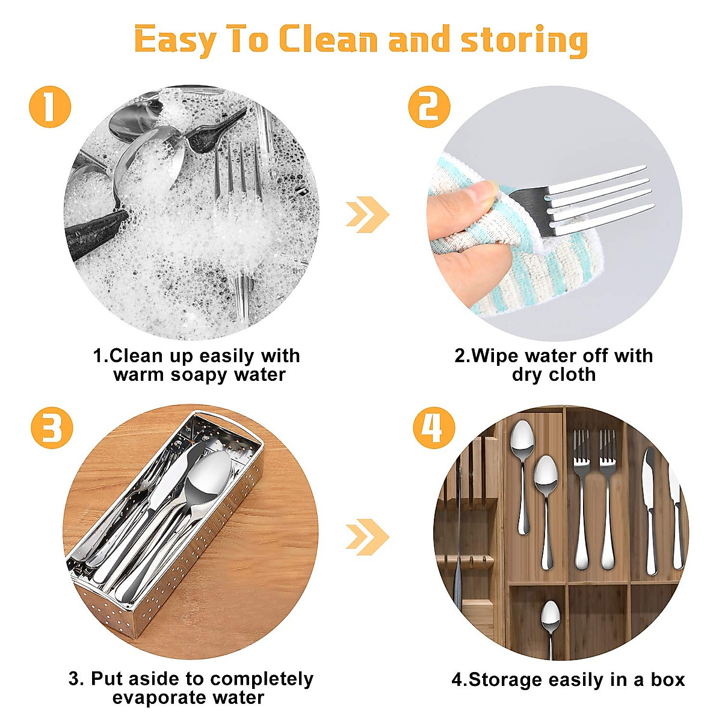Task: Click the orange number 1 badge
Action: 50,106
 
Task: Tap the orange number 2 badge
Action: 429,106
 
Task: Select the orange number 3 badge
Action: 52,428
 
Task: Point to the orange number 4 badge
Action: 434,428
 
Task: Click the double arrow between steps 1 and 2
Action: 367,214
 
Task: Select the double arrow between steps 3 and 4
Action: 367,537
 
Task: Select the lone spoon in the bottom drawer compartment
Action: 551,630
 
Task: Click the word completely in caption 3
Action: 262,679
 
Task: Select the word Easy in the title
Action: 175,40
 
